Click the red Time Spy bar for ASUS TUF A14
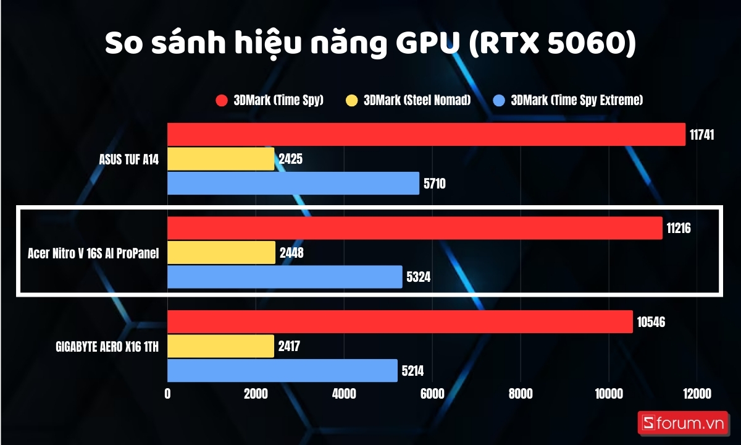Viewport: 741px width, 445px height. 426,134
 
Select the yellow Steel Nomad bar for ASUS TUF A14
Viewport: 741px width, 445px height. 220,159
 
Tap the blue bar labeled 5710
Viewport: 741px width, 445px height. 293,183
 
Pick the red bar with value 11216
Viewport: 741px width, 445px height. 414,228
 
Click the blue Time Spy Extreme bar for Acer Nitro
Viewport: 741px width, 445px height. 285,277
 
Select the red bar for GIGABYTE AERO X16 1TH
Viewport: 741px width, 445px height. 400,322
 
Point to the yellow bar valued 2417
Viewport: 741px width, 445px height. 220,346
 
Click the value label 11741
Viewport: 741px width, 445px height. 702,135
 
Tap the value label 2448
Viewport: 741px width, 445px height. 291,253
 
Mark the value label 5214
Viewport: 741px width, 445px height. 412,371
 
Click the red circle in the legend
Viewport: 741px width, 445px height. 222,100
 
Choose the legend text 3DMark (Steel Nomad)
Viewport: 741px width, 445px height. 417,100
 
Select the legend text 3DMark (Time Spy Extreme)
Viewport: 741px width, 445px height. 577,100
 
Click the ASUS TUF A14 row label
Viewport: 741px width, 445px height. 129,159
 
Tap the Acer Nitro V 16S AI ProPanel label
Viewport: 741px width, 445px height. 93,253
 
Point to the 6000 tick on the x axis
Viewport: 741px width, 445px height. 432,394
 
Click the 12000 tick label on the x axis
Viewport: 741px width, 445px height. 696,394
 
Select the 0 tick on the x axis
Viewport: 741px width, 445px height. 168,394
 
